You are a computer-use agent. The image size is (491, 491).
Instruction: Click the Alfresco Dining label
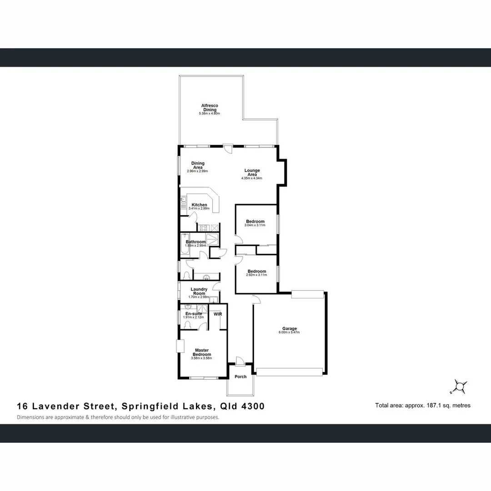(210, 108)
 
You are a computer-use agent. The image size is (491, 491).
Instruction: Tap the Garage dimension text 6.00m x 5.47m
(289, 332)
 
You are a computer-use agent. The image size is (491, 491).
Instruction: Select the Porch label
(240, 376)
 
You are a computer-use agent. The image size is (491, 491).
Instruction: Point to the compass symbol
(460, 386)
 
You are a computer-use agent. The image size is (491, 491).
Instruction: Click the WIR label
(217, 314)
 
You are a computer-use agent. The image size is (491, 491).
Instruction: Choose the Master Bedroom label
(202, 352)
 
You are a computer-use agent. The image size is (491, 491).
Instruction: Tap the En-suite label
(193, 314)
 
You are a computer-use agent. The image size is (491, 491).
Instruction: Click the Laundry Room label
(199, 291)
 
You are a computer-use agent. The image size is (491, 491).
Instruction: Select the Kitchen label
(199, 205)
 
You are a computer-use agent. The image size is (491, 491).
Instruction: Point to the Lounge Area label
(252, 172)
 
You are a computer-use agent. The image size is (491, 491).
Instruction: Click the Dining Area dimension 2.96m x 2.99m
(197, 171)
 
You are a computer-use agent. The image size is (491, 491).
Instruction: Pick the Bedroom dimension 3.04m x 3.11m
(255, 225)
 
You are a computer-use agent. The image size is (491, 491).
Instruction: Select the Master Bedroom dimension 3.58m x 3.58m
(202, 358)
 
